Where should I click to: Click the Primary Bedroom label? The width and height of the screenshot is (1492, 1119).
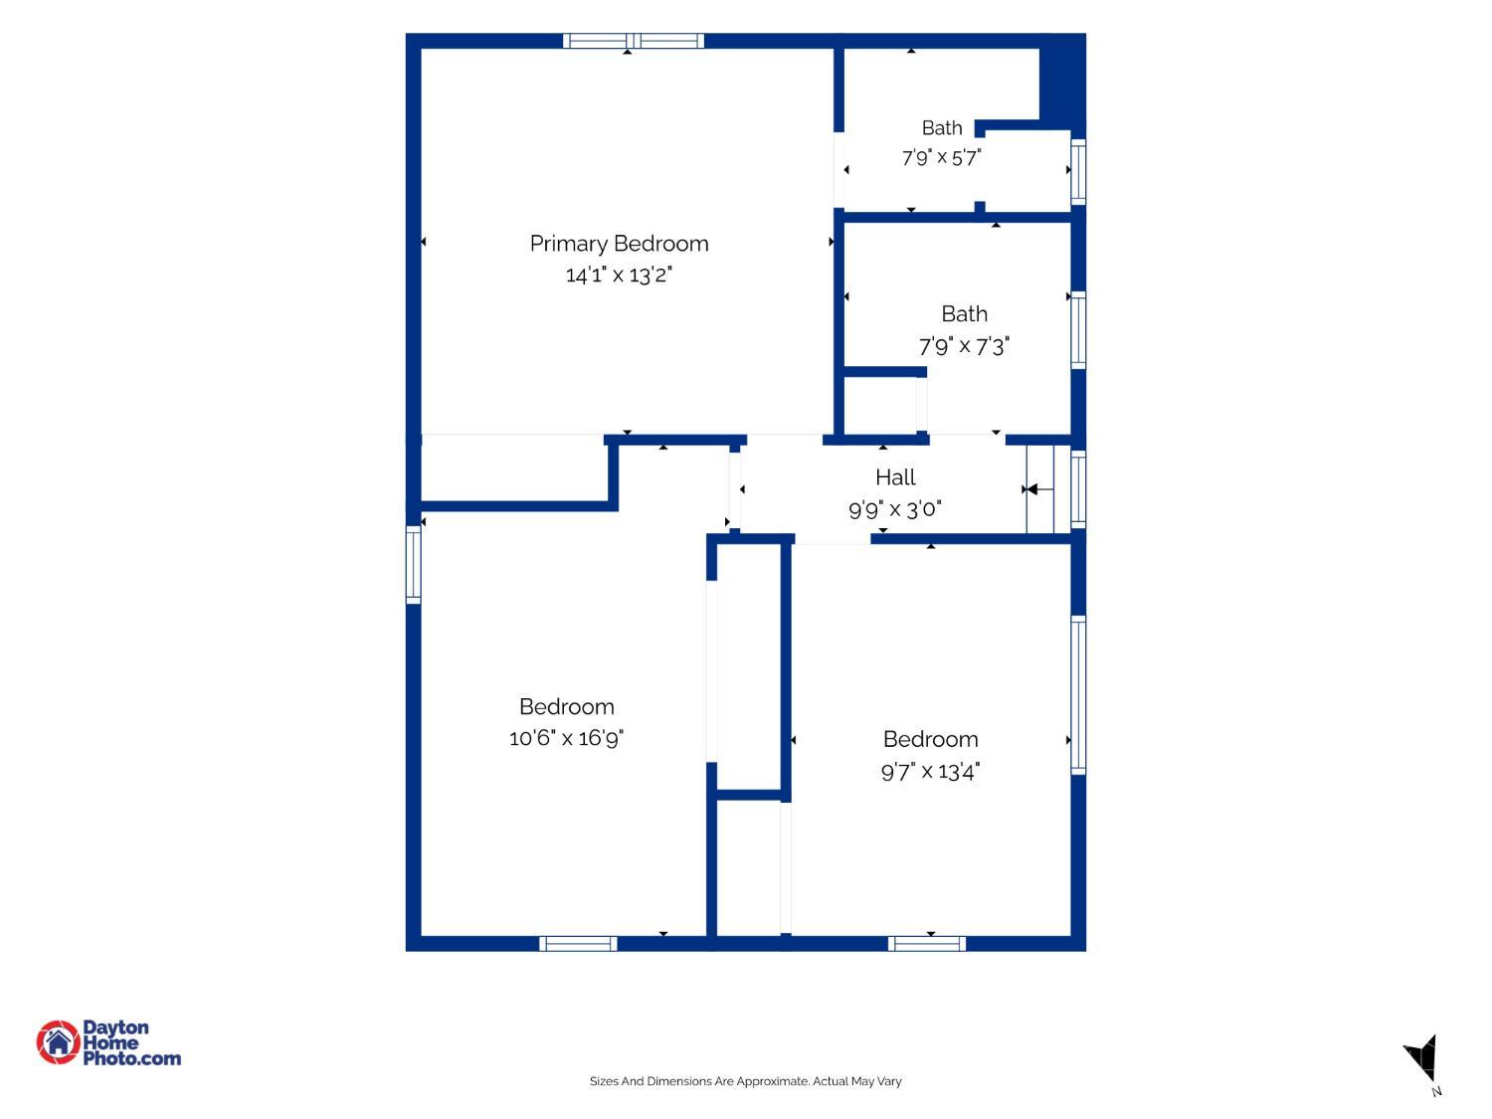(619, 244)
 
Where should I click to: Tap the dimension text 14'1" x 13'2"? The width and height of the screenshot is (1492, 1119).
(619, 276)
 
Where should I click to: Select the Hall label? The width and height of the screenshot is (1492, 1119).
(894, 477)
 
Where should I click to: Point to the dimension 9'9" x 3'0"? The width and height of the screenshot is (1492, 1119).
(894, 509)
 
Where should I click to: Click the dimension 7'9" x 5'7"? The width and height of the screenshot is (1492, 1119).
(941, 157)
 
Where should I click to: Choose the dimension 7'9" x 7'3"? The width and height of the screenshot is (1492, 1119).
(964, 346)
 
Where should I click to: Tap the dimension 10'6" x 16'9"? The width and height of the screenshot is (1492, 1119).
(566, 738)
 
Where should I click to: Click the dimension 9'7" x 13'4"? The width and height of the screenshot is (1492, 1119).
(930, 772)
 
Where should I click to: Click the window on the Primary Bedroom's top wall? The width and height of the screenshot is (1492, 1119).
(634, 41)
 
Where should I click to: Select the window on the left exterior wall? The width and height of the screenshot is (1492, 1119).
(413, 565)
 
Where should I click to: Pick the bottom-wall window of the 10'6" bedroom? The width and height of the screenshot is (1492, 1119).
(579, 944)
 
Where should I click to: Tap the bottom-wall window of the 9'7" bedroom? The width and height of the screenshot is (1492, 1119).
(926, 944)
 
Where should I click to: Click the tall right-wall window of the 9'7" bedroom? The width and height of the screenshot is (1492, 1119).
(1078, 695)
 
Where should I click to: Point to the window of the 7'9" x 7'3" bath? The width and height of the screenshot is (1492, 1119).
(1078, 330)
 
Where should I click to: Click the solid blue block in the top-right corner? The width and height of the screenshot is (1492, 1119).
(1062, 82)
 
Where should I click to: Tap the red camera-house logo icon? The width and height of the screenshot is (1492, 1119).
(59, 1041)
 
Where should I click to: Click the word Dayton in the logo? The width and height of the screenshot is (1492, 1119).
(115, 1027)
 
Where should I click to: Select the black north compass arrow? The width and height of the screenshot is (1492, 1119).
(1422, 1057)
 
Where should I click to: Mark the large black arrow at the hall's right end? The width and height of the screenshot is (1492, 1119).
(1031, 489)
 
